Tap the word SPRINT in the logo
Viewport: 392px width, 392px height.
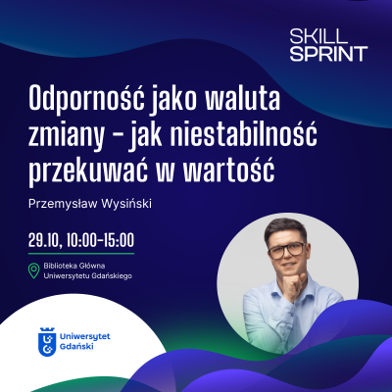tap(328, 53)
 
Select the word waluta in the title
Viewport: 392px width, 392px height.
tap(216, 100)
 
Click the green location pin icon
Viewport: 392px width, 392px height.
tap(34, 270)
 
